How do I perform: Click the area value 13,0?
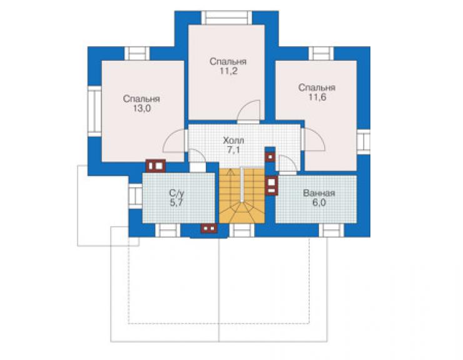(x=142, y=108)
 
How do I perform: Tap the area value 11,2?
(x=228, y=71)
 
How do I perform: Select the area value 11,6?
(x=317, y=97)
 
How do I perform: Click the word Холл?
(x=233, y=140)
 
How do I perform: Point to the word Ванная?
(x=319, y=193)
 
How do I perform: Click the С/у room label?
(x=176, y=193)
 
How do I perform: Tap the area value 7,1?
(x=233, y=150)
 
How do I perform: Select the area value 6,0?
(x=319, y=203)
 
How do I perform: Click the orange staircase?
(x=242, y=196)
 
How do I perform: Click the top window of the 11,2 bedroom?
(x=227, y=18)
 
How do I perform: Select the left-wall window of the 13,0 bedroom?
(x=94, y=111)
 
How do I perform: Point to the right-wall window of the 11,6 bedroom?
(x=364, y=142)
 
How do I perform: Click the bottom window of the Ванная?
(x=332, y=230)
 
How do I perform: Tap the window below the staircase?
(x=242, y=230)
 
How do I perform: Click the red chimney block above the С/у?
(x=156, y=166)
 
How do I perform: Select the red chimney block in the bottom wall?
(x=209, y=229)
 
